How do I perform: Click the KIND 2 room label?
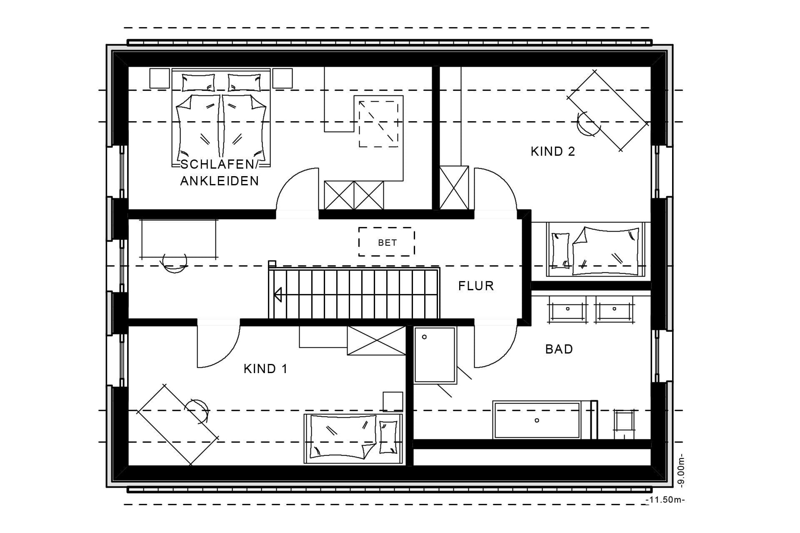[x=552, y=152]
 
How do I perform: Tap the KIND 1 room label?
[x=265, y=369]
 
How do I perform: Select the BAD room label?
[x=559, y=349]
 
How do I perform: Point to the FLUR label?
[x=476, y=286]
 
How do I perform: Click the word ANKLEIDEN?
[x=219, y=181]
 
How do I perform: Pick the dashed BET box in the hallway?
[x=387, y=242]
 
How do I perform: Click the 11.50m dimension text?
[x=665, y=500]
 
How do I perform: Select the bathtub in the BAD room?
[x=537, y=420]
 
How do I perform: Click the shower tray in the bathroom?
[x=435, y=355]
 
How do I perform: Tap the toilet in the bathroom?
[x=625, y=424]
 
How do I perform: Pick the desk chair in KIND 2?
[x=585, y=124]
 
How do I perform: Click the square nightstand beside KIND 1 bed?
[x=393, y=401]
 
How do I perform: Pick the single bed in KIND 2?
[x=596, y=249]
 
